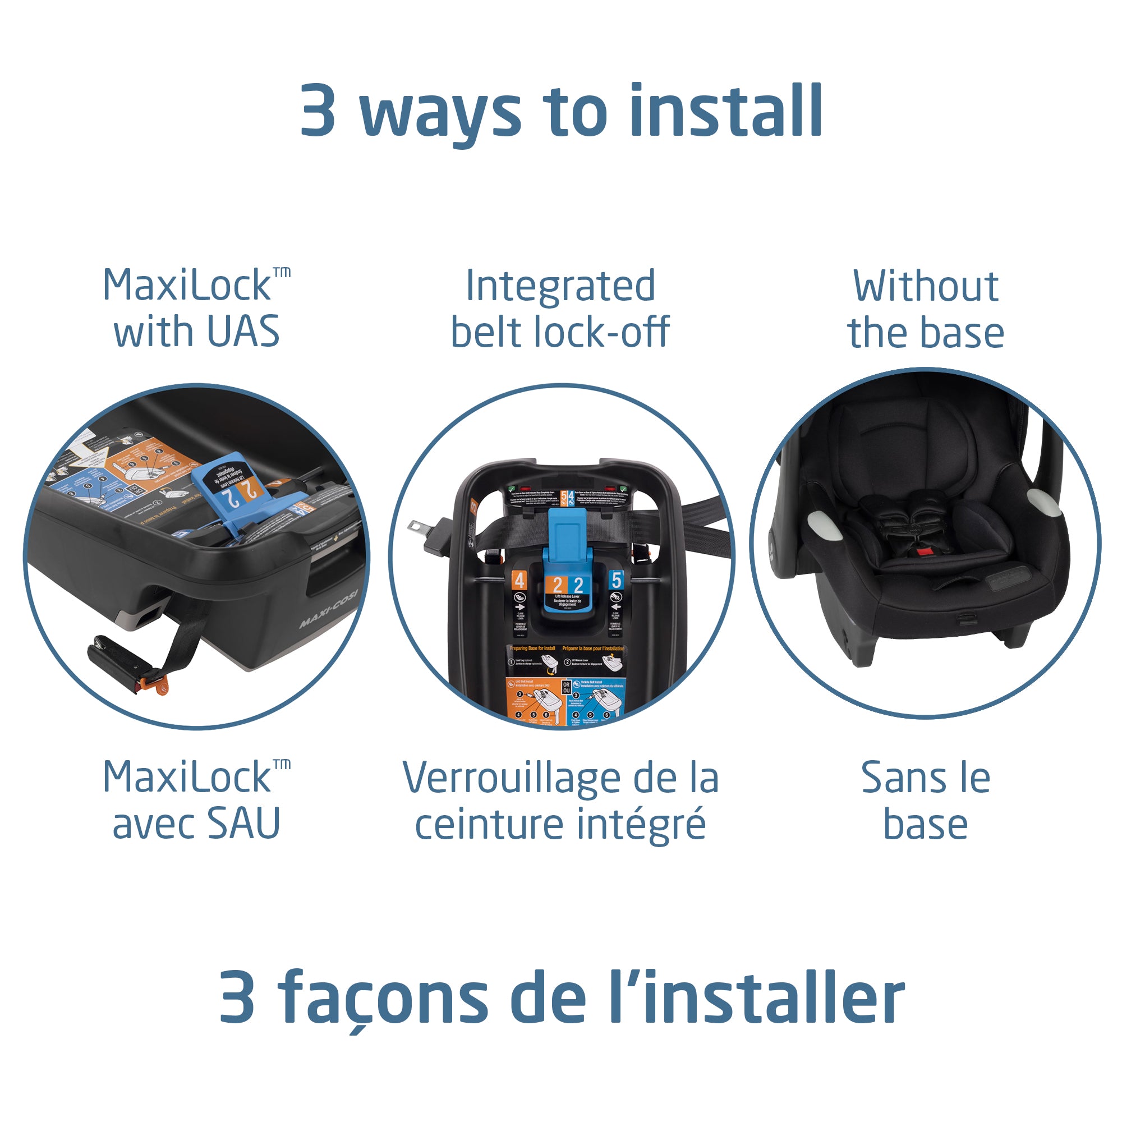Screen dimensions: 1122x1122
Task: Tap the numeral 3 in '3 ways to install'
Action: (x=318, y=112)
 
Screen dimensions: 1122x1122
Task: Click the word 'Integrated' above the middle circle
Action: (x=560, y=287)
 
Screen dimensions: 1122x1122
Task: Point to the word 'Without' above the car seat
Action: (x=926, y=286)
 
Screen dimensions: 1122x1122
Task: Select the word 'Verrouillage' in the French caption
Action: (x=511, y=779)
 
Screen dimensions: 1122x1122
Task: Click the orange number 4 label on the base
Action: (x=519, y=580)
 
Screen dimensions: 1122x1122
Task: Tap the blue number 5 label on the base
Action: (x=615, y=579)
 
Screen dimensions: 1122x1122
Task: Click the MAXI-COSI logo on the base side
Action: (x=329, y=608)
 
